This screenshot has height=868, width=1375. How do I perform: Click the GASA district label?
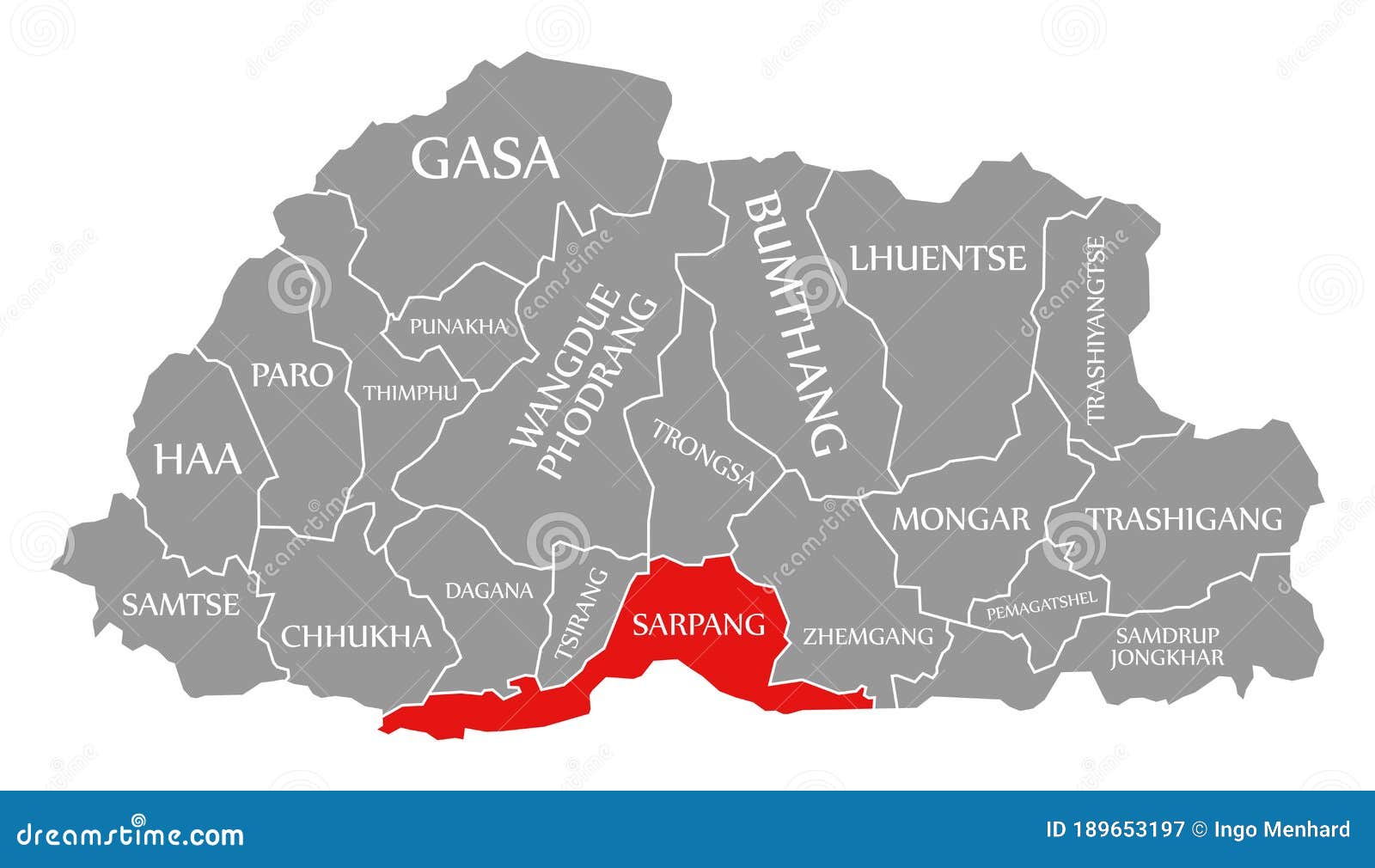(486, 159)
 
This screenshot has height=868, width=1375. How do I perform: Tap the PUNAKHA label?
(457, 327)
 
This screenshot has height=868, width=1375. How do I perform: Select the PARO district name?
(291, 375)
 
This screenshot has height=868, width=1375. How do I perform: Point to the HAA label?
(197, 459)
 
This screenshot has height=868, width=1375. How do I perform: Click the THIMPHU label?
(410, 393)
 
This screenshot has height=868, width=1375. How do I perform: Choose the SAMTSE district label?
(180, 605)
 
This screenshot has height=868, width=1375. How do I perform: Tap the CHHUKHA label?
(356, 636)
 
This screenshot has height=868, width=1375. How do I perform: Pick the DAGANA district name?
(488, 591)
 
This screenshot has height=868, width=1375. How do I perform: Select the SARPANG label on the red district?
(699, 624)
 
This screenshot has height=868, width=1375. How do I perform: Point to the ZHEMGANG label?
(867, 637)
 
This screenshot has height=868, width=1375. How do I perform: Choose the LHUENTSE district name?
(938, 258)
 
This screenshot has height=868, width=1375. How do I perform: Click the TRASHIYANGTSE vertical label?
(1096, 330)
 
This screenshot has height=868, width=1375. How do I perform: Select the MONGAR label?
(960, 519)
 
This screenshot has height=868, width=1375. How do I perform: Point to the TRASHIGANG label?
(1185, 519)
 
